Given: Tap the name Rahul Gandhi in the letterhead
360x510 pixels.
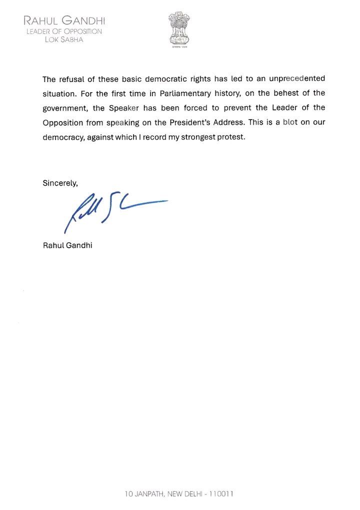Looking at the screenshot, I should (62, 21).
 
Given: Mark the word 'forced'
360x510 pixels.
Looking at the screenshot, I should (205, 108).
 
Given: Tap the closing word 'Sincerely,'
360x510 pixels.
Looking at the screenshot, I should (60, 183).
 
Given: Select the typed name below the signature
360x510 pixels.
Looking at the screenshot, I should (67, 245).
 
